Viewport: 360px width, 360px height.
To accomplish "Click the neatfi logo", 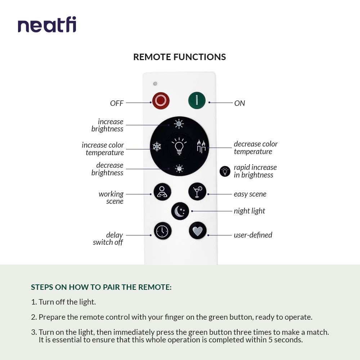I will click(47, 25).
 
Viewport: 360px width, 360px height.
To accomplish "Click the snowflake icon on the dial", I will click(157, 147).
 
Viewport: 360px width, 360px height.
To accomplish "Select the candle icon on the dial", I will click(201, 147).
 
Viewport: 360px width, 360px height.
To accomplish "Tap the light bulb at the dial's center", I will click(179, 146).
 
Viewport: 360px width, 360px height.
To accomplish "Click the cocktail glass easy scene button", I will click(197, 192).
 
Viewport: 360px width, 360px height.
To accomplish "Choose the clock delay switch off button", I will click(163, 231).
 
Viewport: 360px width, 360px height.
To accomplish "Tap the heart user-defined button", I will click(198, 231).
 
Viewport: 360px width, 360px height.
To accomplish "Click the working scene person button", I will click(162, 192).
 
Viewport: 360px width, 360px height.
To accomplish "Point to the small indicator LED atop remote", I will click(155, 84).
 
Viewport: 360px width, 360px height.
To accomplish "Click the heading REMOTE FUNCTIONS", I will click(180, 57).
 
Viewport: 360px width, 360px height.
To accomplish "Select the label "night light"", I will click(249, 211).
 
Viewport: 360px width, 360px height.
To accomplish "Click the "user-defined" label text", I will click(253, 235).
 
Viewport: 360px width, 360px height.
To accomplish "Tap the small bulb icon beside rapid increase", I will click(225, 171).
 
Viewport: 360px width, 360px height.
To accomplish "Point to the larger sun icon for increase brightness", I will click(179, 124).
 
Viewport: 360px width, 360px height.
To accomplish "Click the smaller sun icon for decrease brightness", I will click(179, 168).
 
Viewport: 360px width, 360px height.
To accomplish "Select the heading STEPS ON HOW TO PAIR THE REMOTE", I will click(101, 287).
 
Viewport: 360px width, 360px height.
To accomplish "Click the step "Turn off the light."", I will click(67, 302).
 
